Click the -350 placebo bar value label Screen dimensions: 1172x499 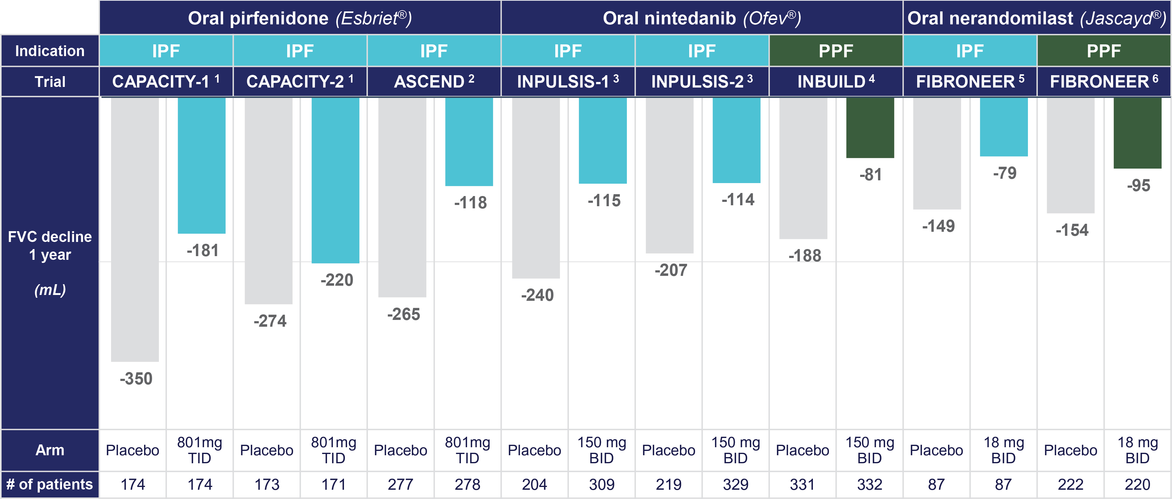pyautogui.click(x=136, y=378)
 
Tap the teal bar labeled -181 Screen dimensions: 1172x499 pyautogui.click(x=201, y=166)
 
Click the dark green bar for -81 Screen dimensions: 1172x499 pyautogui.click(x=870, y=128)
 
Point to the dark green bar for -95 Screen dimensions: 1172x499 pyautogui.click(x=1137, y=133)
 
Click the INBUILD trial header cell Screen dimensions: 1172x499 pyautogui.click(x=836, y=82)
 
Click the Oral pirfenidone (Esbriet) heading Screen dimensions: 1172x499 pyautogui.click(x=300, y=18)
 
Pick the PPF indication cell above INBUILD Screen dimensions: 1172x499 pyautogui.click(x=836, y=51)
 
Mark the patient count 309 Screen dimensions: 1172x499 pyautogui.click(x=602, y=485)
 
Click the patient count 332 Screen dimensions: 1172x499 pyautogui.click(x=869, y=485)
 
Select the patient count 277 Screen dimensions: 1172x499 pyautogui.click(x=400, y=485)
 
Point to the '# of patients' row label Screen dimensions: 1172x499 pyautogui.click(x=50, y=485)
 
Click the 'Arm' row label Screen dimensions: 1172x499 pyautogui.click(x=50, y=450)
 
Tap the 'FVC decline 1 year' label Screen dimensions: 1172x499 pyautogui.click(x=50, y=245)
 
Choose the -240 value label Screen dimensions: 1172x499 pyautogui.click(x=537, y=295)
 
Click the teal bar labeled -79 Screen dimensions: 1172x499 pyautogui.click(x=1004, y=127)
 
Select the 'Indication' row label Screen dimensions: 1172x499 pyautogui.click(x=50, y=51)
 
